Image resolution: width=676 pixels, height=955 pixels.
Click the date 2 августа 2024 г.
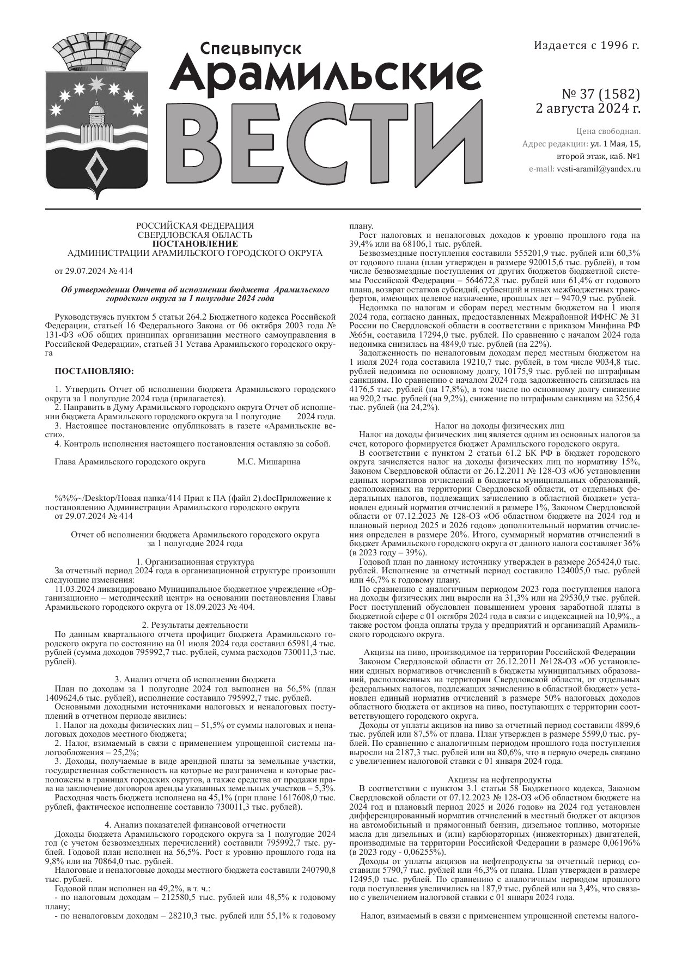click(x=588, y=108)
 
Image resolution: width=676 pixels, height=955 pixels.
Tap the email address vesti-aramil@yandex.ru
click(x=598, y=169)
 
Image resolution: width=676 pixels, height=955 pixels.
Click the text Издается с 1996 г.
click(x=586, y=46)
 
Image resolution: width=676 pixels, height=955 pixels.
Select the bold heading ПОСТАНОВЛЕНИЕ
click(x=194, y=243)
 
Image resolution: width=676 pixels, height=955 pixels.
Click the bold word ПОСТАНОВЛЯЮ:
click(x=94, y=371)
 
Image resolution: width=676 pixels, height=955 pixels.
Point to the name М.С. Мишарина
click(x=269, y=462)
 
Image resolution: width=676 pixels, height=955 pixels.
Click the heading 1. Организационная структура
click(x=194, y=562)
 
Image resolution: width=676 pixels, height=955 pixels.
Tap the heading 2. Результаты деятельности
click(x=194, y=625)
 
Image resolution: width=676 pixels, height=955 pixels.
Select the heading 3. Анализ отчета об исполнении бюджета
click(x=194, y=679)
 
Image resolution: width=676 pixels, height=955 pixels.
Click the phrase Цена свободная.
click(x=608, y=131)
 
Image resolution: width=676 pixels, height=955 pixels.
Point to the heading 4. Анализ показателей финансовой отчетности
click(x=194, y=824)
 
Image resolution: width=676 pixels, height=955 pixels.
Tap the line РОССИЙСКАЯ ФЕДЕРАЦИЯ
click(x=194, y=225)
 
